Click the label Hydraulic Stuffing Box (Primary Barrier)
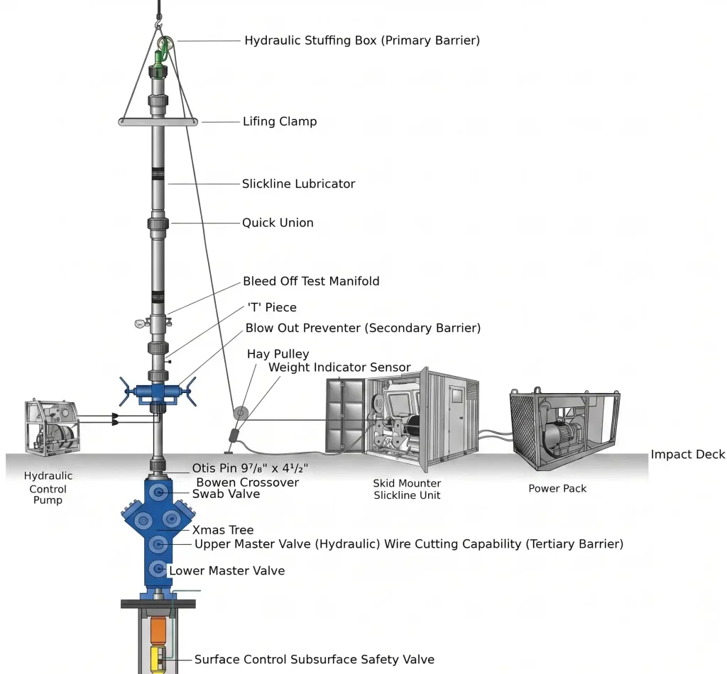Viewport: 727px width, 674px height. pos(361,40)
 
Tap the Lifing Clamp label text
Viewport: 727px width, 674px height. pos(280,121)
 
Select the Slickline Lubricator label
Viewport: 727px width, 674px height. pos(298,184)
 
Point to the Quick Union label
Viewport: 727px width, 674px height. pos(278,223)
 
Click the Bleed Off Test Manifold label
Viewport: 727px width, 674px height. pos(311,281)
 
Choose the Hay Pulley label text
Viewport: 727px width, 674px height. pos(278,354)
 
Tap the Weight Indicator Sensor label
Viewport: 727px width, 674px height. pos(339,368)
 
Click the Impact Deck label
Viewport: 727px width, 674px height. pos(687,455)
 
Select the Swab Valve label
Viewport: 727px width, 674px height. pos(226,494)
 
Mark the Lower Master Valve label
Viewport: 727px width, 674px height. pos(226,570)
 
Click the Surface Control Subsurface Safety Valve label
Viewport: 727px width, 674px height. pos(315,660)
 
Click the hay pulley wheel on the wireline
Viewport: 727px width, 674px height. pos(240,413)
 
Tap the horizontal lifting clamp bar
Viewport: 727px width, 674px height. pos(158,122)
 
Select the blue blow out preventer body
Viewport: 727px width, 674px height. pos(158,392)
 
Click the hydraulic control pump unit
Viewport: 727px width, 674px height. pos(51,426)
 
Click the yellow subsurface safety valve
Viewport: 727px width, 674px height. pos(158,660)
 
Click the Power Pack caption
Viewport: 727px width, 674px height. pos(557,489)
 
